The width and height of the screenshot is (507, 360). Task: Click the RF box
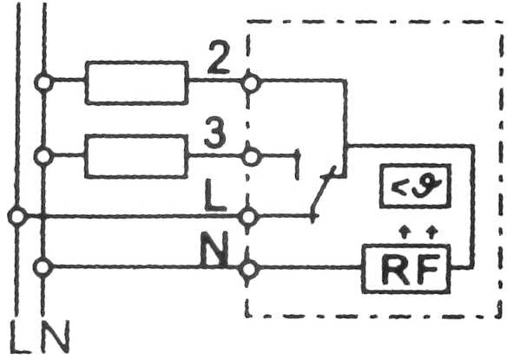406,269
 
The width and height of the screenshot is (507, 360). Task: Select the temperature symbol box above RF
415,186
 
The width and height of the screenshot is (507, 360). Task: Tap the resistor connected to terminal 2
136,82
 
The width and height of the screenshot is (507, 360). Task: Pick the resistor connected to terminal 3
136,156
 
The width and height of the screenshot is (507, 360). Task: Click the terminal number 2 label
219,57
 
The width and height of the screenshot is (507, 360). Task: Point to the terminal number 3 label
214,133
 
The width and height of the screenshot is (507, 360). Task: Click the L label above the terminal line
214,195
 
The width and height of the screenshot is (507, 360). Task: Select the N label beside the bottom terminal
214,248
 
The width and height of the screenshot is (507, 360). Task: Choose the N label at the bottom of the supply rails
56,337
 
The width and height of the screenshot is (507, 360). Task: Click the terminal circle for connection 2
251,83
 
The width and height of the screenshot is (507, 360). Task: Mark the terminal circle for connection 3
251,157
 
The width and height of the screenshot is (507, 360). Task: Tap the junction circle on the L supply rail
17,217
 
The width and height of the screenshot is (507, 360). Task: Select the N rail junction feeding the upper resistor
43,82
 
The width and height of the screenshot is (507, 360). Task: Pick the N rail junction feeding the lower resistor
43,156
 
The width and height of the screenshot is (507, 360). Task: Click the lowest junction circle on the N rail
43,267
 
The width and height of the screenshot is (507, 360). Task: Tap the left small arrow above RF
404,232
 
